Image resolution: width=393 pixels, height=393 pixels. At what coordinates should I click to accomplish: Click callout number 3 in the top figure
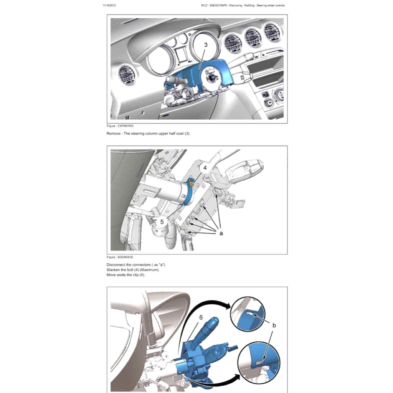click(x=206, y=45)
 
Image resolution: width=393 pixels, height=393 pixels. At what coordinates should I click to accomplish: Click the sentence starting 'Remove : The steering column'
click(x=148, y=133)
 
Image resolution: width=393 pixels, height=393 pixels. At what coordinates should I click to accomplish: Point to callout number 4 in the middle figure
click(x=205, y=168)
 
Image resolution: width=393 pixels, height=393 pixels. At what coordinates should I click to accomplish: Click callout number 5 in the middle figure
click(x=162, y=221)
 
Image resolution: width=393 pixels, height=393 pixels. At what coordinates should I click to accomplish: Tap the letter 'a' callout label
click(x=221, y=233)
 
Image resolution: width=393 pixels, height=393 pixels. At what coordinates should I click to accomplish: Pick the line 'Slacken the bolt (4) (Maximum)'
click(x=132, y=270)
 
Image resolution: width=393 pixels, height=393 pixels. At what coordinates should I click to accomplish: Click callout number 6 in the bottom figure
click(x=201, y=317)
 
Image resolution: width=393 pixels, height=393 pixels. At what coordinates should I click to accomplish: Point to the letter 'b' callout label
click(x=274, y=325)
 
